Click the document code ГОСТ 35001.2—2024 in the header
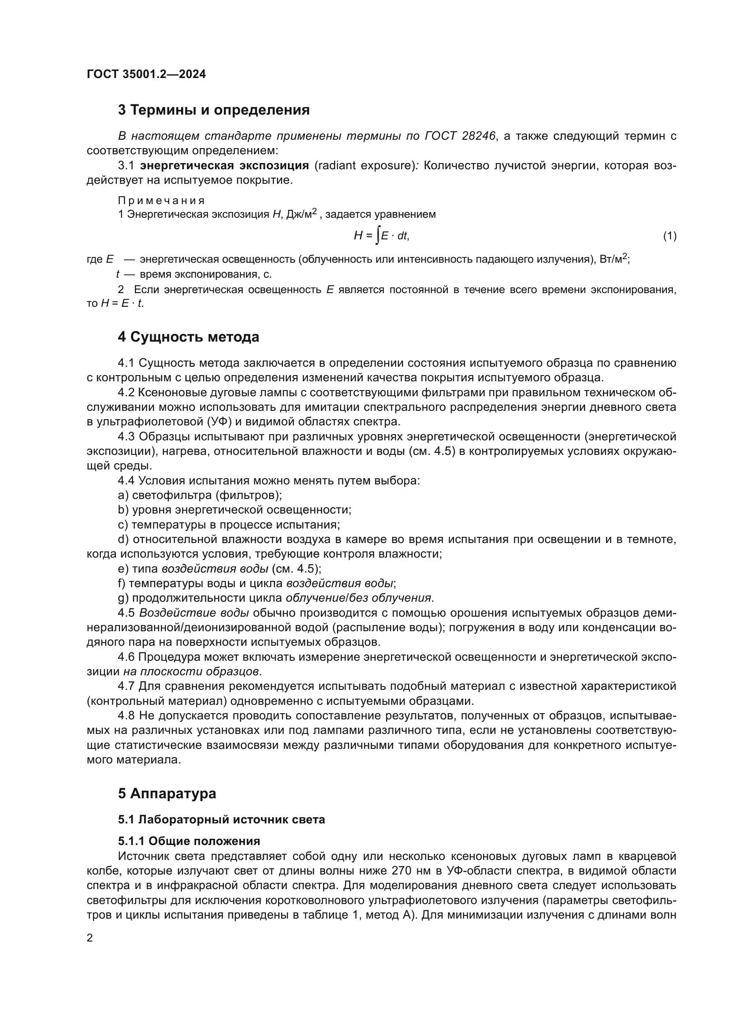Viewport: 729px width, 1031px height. click(x=146, y=74)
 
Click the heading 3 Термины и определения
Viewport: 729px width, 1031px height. click(x=214, y=110)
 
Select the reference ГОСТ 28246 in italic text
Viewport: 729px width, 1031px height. click(x=460, y=136)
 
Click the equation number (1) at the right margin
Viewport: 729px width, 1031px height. click(x=669, y=236)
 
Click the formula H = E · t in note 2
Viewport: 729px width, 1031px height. click(x=121, y=303)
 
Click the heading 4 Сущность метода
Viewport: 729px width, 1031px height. click(x=189, y=337)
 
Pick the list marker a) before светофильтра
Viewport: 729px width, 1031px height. click(x=123, y=495)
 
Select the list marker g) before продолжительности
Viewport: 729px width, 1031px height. click(x=123, y=598)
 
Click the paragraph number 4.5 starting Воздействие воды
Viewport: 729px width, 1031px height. click(x=126, y=613)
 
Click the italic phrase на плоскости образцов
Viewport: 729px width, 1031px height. click(x=191, y=671)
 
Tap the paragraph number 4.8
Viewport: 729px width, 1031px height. click(x=126, y=715)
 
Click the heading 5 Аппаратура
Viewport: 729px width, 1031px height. click(x=167, y=793)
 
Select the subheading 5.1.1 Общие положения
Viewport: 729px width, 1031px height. click(x=189, y=841)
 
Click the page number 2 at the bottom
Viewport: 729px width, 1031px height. click(x=90, y=938)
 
